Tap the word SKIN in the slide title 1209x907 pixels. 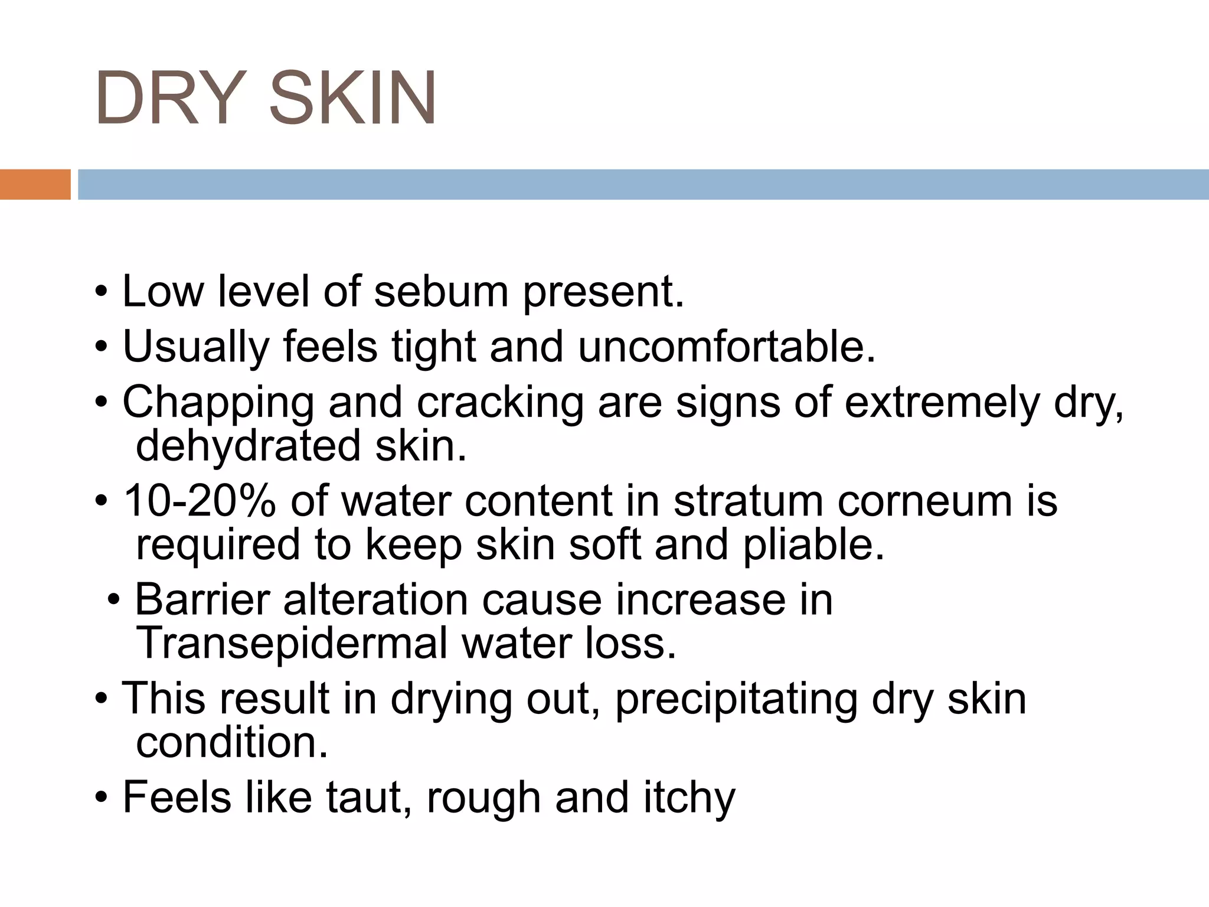click(352, 98)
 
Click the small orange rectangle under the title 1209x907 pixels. click(35, 184)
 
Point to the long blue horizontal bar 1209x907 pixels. click(643, 184)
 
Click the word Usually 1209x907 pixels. click(195, 347)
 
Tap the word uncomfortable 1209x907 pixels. click(727, 347)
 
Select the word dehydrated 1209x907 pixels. click(248, 445)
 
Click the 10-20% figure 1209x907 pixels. click(200, 501)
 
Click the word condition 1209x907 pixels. click(231, 742)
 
